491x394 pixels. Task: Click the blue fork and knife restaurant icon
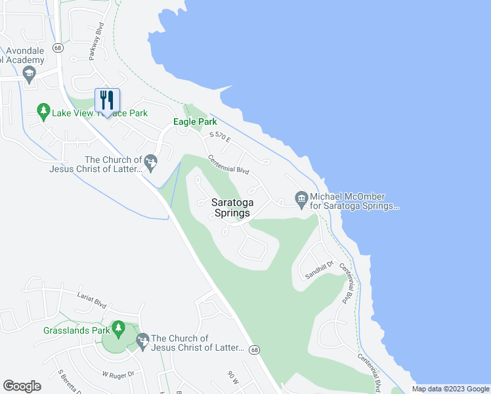point(107,100)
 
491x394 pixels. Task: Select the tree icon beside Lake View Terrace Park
point(43,112)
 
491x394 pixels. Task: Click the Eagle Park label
point(194,121)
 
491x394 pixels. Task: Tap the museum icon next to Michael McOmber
point(301,199)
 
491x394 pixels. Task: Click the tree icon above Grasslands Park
point(118,328)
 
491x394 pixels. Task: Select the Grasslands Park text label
point(75,330)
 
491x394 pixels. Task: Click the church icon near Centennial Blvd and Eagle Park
point(151,161)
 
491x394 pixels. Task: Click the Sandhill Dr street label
point(320,269)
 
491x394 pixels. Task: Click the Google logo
point(22,386)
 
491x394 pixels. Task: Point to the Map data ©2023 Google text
point(450,389)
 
